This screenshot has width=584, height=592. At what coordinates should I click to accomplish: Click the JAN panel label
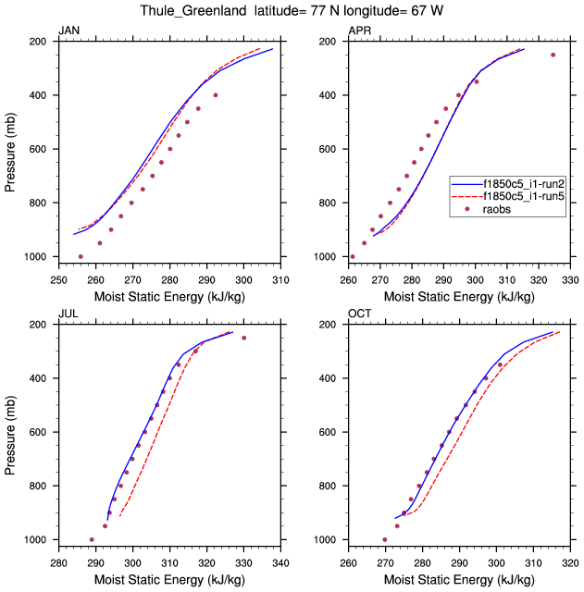click(69, 31)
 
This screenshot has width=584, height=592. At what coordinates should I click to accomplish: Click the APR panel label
click(360, 31)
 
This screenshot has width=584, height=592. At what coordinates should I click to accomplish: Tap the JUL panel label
click(68, 314)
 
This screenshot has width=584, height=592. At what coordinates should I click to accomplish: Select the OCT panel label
click(360, 314)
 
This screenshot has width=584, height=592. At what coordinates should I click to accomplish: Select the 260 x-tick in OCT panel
click(349, 562)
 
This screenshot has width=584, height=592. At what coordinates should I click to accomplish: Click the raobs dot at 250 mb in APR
click(553, 55)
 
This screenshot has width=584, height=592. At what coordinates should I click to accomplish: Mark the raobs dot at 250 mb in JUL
click(244, 338)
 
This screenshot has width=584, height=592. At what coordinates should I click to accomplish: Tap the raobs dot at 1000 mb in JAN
click(81, 256)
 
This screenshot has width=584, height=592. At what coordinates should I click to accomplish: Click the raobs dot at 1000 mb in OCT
click(385, 539)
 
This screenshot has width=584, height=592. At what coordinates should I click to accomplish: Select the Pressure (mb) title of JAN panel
click(10, 148)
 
